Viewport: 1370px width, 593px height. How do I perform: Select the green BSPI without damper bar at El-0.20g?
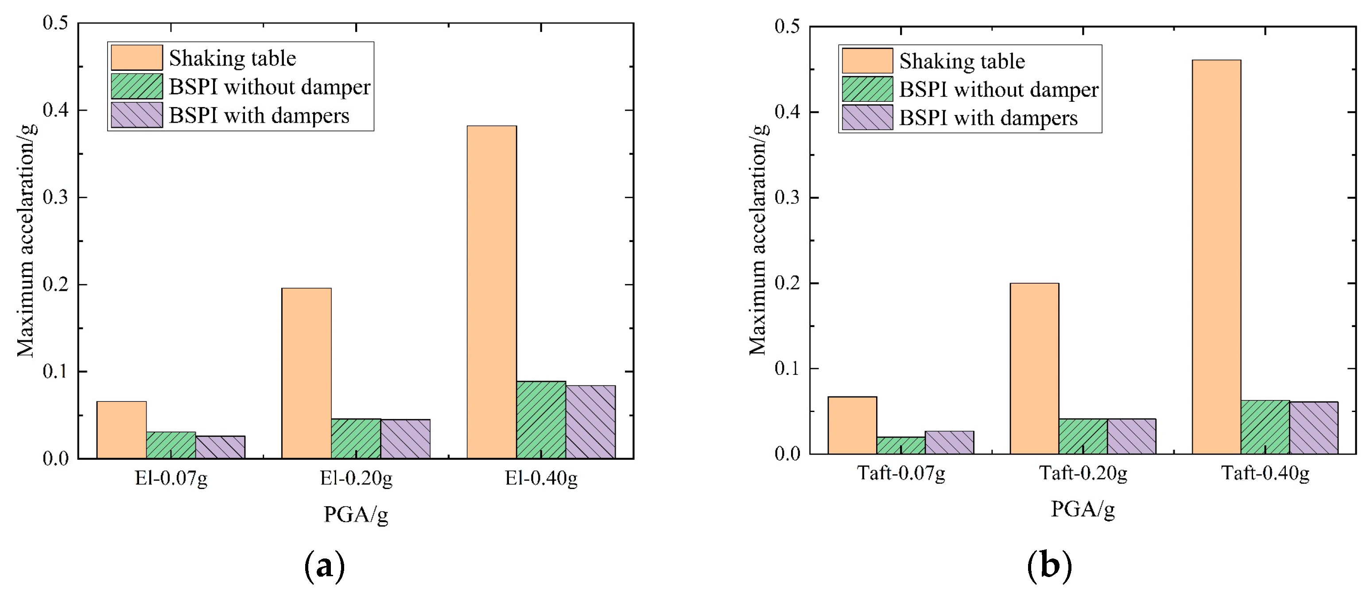tap(356, 439)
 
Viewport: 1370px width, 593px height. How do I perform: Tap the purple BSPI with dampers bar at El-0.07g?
tap(220, 447)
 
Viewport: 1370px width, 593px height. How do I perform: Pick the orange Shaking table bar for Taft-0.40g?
tap(1216, 257)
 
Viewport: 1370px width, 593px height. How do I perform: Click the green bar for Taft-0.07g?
tap(901, 445)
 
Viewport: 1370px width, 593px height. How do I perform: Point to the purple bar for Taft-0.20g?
tap(1132, 436)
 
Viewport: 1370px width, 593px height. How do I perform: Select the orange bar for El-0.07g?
tap(121, 430)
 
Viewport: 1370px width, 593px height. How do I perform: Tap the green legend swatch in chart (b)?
tap(867, 89)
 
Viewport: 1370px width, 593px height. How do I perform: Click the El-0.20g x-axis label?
tap(356, 479)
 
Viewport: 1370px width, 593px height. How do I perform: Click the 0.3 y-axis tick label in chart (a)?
tap(56, 197)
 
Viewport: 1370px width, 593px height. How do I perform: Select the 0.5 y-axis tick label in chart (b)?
tap(788, 26)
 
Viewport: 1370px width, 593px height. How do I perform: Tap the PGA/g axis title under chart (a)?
tap(356, 515)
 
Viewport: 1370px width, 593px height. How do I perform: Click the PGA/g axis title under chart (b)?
tap(1083, 509)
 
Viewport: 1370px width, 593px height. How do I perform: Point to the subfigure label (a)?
tap(324, 566)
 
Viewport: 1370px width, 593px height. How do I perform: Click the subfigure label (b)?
tap(1049, 566)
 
